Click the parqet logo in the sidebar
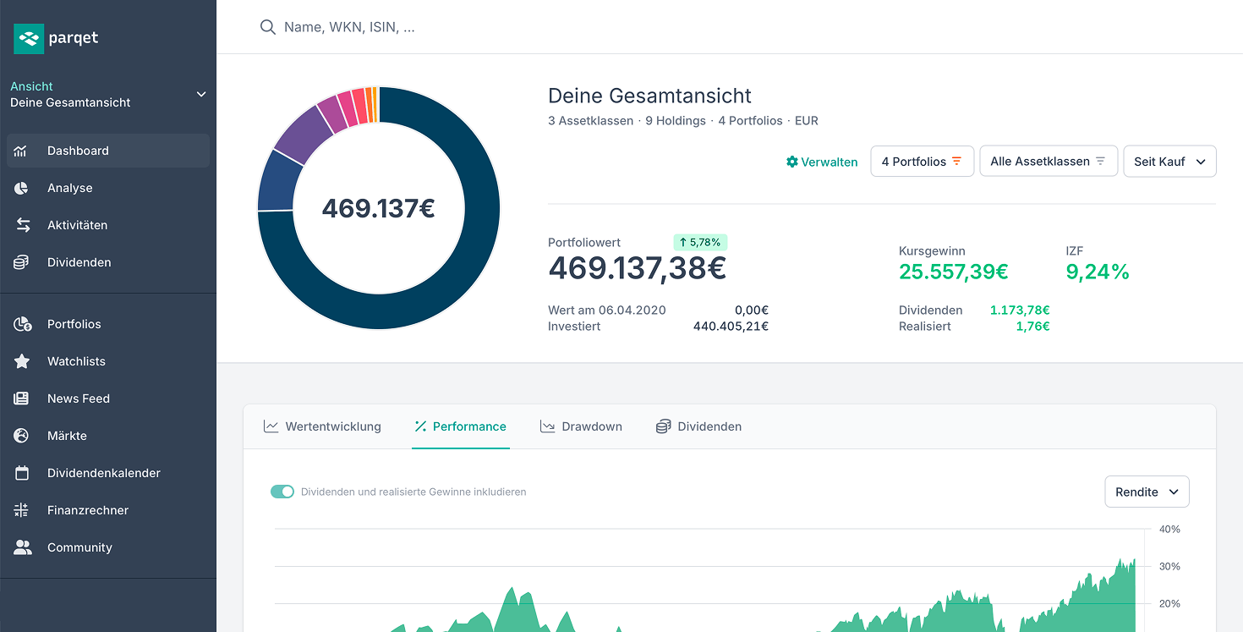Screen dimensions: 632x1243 pos(56,38)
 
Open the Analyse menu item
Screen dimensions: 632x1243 pos(69,188)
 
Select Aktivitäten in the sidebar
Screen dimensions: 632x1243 pos(77,225)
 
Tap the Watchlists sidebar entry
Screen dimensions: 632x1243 pos(76,361)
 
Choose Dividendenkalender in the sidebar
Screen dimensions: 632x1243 pos(103,473)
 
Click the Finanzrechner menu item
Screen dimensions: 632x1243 pos(88,510)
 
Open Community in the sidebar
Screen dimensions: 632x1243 pos(79,547)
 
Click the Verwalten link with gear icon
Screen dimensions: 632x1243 pos(822,162)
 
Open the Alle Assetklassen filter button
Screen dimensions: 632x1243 pos(1048,162)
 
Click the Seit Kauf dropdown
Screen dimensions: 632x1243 pos(1169,162)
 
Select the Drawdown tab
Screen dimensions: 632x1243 pos(582,426)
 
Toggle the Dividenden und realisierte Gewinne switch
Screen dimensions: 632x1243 pos(282,492)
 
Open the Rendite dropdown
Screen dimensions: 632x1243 pos(1146,492)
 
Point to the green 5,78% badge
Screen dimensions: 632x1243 pos(700,242)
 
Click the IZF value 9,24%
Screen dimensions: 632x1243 pos(1097,272)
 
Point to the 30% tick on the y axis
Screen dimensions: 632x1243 pos(1169,566)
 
